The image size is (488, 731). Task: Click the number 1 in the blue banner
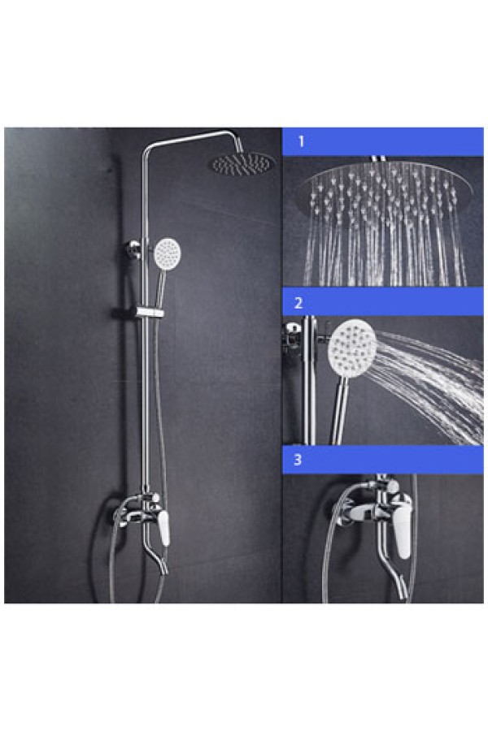click(301, 141)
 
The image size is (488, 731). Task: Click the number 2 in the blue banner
click(298, 304)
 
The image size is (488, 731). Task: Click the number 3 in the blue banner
click(298, 460)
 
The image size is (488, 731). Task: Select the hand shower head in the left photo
click(168, 253)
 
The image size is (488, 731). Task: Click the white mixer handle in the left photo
click(163, 527)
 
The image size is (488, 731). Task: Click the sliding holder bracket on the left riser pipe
click(150, 312)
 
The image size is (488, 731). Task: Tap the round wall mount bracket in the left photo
click(134, 249)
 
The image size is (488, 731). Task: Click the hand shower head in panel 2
click(352, 346)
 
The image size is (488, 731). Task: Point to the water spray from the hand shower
click(429, 383)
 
